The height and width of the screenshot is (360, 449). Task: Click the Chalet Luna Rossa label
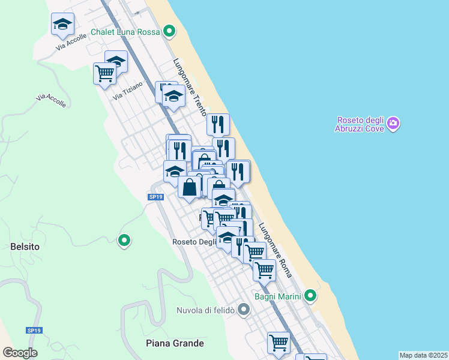tap(125, 32)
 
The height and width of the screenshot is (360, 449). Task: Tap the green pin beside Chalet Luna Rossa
tap(169, 31)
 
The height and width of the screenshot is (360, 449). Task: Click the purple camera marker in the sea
tap(393, 124)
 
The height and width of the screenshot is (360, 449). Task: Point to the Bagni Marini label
tap(282, 295)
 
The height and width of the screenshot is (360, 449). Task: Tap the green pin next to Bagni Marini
tap(310, 295)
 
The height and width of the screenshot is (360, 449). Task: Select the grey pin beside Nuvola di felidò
tap(243, 310)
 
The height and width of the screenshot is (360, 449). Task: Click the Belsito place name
tap(25, 246)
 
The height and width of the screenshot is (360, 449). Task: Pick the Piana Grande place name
tap(175, 343)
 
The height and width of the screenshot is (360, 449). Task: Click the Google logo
tap(20, 352)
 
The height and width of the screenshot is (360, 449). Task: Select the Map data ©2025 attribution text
tap(423, 355)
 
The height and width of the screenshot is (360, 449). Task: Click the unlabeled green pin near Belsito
tap(124, 241)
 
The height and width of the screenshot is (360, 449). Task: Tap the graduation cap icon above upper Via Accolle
tap(62, 24)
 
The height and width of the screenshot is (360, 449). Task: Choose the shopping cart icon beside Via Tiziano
tap(105, 73)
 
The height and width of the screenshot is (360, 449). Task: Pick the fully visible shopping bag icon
tap(190, 186)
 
